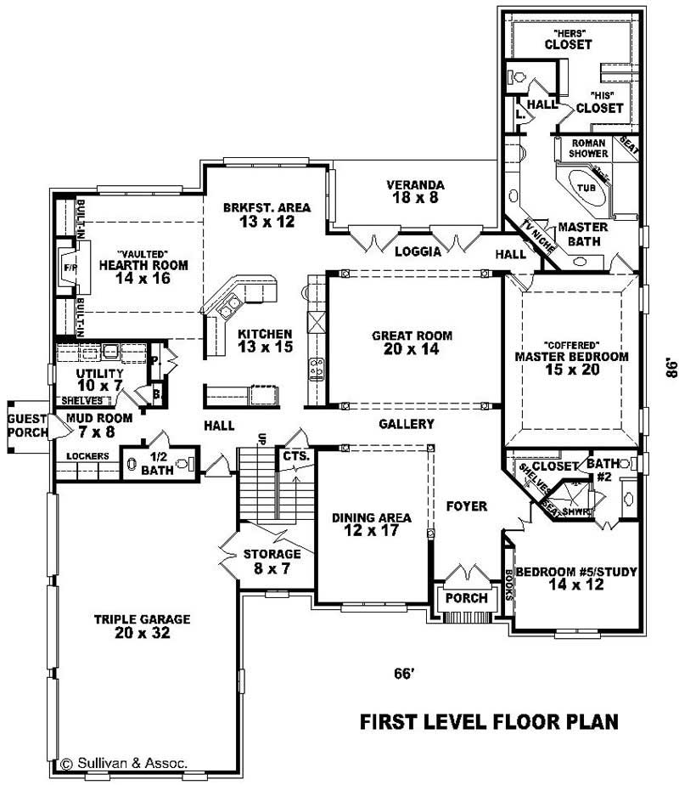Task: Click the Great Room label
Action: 412,342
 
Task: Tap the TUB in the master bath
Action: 586,188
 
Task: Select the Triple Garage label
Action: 143,626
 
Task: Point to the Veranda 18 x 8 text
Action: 416,191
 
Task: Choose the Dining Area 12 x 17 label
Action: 372,523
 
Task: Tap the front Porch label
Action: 467,598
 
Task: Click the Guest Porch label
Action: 27,426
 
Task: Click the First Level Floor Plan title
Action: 489,721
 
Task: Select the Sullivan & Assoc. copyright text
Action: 124,764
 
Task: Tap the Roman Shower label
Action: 588,148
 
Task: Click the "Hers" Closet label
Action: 569,40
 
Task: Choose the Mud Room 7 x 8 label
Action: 99,425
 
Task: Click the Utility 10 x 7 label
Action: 99,380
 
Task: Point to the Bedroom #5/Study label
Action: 576,578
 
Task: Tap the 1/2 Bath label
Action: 158,464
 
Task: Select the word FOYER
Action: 467,506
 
